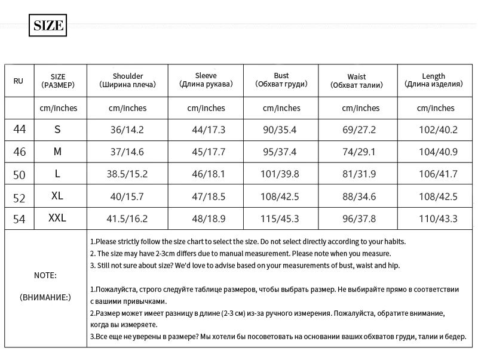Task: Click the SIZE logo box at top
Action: (47, 26)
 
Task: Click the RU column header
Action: (19, 81)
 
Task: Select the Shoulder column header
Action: (128, 80)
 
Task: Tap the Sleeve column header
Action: (206, 80)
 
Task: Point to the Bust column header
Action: (281, 80)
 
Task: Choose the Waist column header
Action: (357, 81)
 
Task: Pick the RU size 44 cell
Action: (20, 129)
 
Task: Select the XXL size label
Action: (57, 219)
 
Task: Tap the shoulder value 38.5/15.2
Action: (127, 174)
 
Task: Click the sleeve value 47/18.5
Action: (206, 196)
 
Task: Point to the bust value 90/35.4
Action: (280, 130)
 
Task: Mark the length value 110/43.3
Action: (438, 219)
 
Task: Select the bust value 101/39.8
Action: (280, 174)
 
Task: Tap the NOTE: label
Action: (45, 275)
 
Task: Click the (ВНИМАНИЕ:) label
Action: (45, 297)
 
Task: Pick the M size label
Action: (57, 152)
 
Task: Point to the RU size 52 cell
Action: (20, 196)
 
